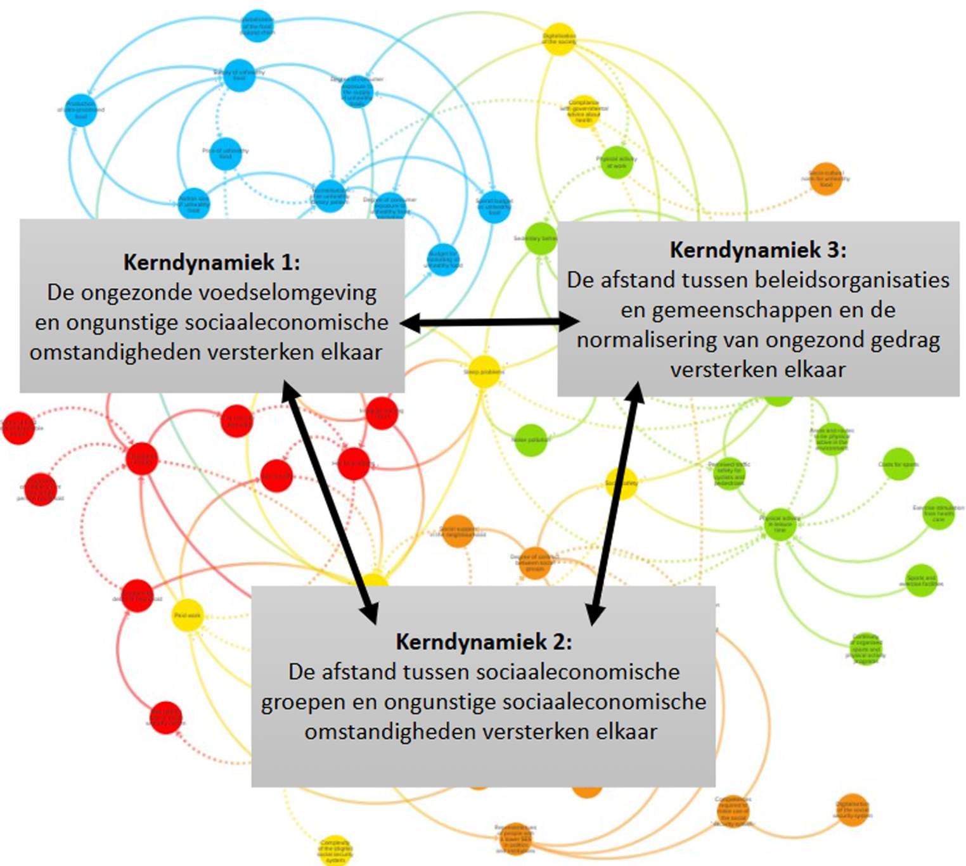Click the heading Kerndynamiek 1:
tap(212, 262)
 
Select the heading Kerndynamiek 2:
tap(484, 642)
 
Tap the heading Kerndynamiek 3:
tap(758, 250)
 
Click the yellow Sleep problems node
tap(484, 372)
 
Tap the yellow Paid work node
tap(188, 615)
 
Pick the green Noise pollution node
tap(531, 440)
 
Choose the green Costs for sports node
tap(898, 464)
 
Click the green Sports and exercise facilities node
tap(921, 580)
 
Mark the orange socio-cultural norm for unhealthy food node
tap(826, 179)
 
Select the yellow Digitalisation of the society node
tap(559, 39)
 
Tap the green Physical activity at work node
tap(616, 162)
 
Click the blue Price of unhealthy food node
tap(226, 154)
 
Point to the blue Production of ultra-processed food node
tap(82, 109)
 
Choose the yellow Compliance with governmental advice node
tap(583, 111)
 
